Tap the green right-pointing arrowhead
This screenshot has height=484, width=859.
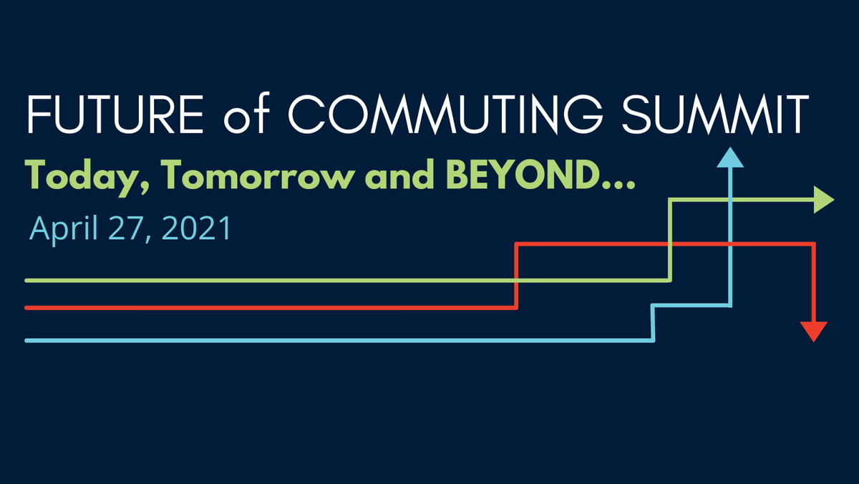825,201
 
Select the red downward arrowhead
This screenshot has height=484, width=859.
814,331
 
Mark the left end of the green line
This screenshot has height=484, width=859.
27,280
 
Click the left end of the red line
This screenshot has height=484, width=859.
27,308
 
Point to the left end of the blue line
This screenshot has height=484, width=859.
27,341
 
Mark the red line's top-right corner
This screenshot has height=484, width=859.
814,245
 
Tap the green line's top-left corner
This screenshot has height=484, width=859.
671,201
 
